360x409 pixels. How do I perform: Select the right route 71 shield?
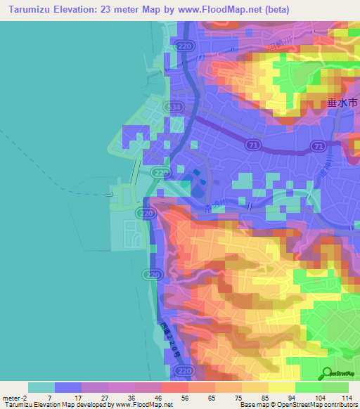click(319, 146)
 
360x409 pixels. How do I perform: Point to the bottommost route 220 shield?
click(184, 370)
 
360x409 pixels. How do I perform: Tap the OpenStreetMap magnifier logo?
click(328, 374)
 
